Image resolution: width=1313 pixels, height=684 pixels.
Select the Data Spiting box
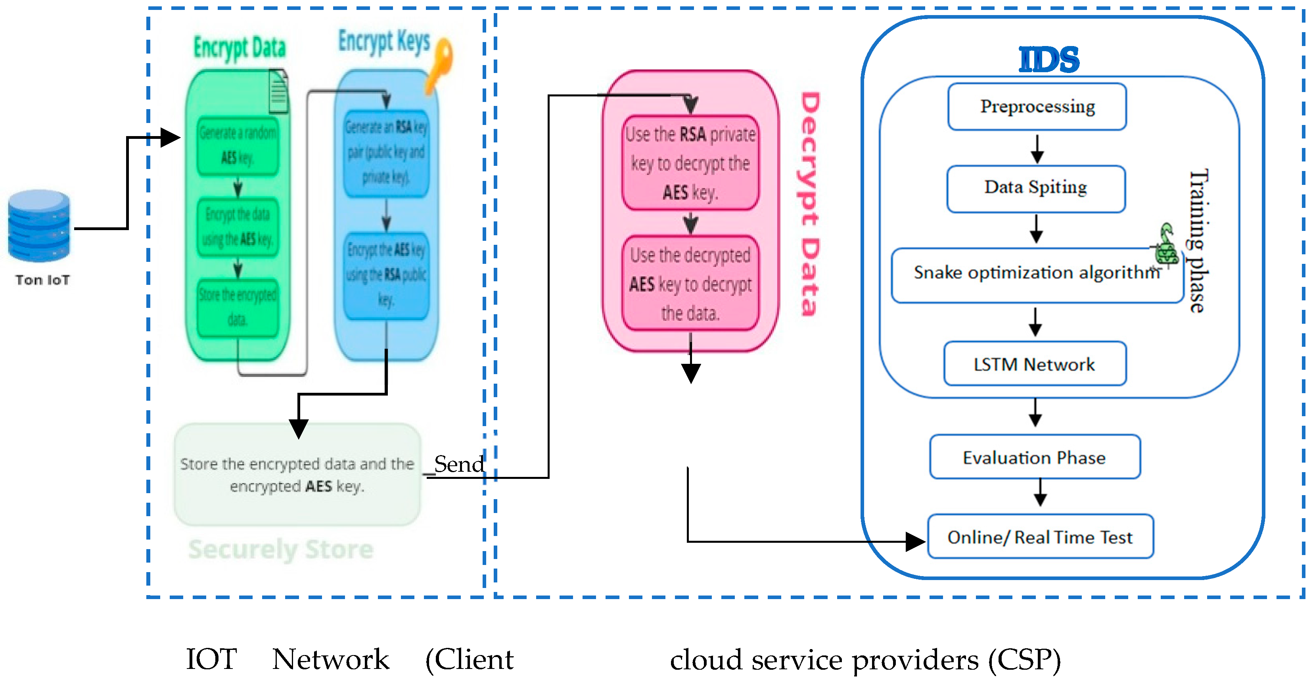[1036, 188]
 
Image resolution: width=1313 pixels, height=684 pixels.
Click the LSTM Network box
[1035, 364]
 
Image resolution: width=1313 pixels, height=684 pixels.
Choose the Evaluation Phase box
[1035, 457]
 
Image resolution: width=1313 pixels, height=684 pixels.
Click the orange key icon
[439, 64]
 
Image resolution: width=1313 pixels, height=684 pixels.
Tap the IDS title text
[1049, 60]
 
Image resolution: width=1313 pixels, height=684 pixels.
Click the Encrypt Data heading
[240, 48]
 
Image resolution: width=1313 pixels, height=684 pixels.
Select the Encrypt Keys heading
[384, 41]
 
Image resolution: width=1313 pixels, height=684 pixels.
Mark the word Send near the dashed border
[459, 464]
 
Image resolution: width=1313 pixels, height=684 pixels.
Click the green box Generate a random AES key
[238, 145]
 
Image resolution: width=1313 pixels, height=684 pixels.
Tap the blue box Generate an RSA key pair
[386, 152]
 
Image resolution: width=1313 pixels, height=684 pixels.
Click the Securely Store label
[281, 550]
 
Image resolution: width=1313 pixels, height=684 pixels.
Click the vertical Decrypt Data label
[809, 204]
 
